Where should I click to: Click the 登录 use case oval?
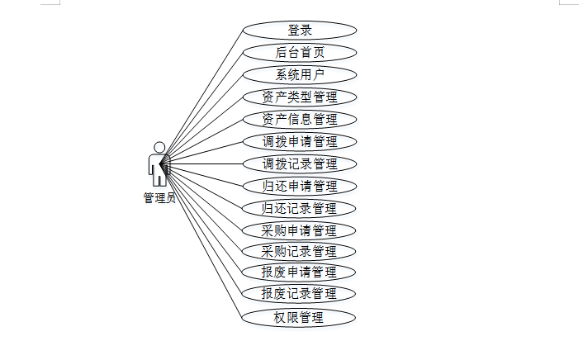[300, 31]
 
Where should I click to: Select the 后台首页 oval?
[300, 53]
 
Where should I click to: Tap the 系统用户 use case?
[300, 75]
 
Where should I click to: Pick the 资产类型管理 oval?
[300, 97]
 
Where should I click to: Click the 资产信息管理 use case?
[300, 120]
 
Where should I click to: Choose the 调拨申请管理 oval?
[300, 141]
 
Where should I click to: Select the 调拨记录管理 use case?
[300, 163]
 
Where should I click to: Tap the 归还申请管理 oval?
[300, 186]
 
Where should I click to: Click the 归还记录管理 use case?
[300, 208]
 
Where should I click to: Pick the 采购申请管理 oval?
[300, 230]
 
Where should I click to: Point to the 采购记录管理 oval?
[300, 251]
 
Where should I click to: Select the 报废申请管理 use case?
[300, 272]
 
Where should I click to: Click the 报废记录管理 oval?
[300, 294]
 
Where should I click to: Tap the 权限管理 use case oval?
[300, 317]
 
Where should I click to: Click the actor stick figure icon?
[159, 165]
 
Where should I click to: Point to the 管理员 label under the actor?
[159, 198]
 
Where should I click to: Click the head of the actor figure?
[159, 147]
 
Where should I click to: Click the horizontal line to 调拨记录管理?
[206, 163]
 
